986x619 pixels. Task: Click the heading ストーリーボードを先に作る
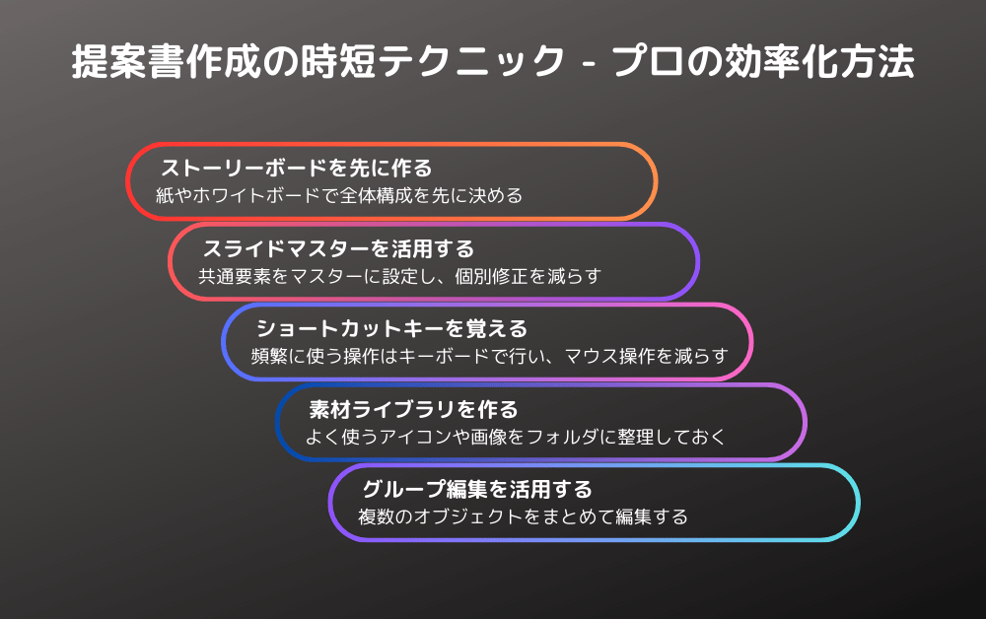tap(296, 169)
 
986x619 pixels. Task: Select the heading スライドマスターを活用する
tap(338, 248)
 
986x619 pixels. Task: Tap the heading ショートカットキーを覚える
tap(391, 328)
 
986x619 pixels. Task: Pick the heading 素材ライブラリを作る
tap(413, 410)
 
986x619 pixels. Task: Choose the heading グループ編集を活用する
tap(477, 490)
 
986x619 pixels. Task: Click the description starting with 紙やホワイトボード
tap(339, 196)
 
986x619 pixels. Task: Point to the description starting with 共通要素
tap(400, 277)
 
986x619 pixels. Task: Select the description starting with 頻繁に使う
tap(489, 356)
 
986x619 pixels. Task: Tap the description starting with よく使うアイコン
tap(516, 437)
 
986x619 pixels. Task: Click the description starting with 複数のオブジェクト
tap(524, 517)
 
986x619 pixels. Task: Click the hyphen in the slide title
tap(589, 64)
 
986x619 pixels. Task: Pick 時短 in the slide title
tap(338, 61)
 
